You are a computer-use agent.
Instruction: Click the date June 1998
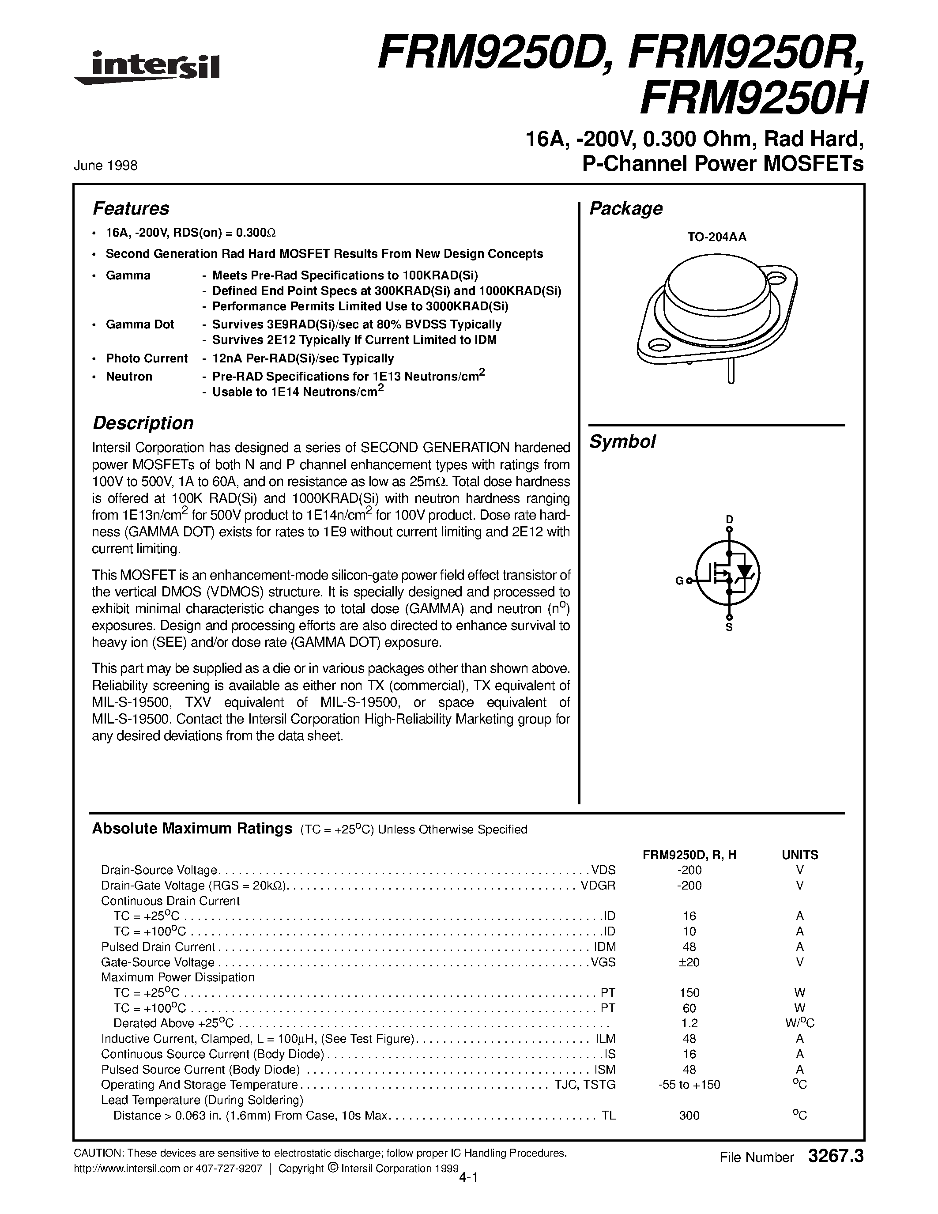105,166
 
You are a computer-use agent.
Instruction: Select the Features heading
131,208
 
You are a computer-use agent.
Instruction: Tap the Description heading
143,423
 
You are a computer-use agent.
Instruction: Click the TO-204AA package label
716,237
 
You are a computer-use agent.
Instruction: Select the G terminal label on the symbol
679,581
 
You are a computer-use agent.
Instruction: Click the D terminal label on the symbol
730,519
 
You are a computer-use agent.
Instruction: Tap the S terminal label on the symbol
730,628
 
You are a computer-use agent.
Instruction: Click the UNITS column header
800,855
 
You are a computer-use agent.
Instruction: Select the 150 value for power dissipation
689,992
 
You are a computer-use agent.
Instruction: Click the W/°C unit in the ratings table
800,1023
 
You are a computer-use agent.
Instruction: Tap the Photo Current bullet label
147,358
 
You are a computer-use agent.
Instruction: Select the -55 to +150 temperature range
689,1085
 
